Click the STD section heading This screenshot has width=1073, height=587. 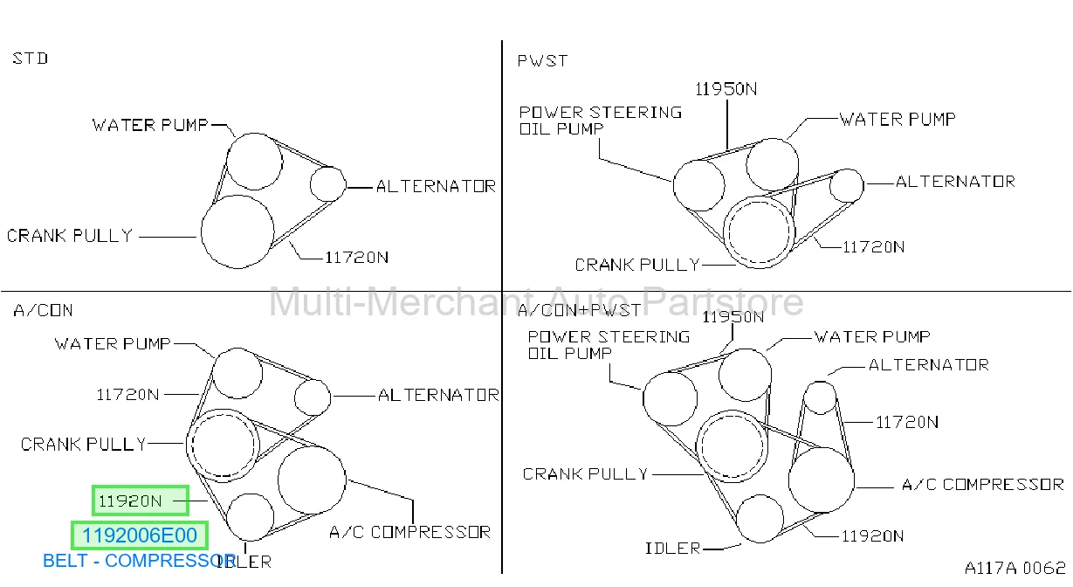click(x=31, y=59)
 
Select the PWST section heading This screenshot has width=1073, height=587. click(x=543, y=61)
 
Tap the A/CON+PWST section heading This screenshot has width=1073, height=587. click(x=579, y=310)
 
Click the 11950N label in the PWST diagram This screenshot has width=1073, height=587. click(x=726, y=89)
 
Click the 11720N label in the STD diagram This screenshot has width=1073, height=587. click(x=357, y=258)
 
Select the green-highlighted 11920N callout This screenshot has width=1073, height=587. click(x=141, y=501)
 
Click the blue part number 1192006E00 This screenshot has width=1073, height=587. click(x=140, y=535)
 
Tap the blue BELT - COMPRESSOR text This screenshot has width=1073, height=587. click(x=140, y=561)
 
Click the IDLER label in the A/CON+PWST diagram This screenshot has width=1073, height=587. click(x=672, y=549)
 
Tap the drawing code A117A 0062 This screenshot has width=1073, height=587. click(x=1015, y=568)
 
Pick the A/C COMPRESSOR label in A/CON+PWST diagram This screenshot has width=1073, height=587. click(x=983, y=485)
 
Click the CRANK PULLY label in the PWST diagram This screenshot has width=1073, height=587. click(x=637, y=265)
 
